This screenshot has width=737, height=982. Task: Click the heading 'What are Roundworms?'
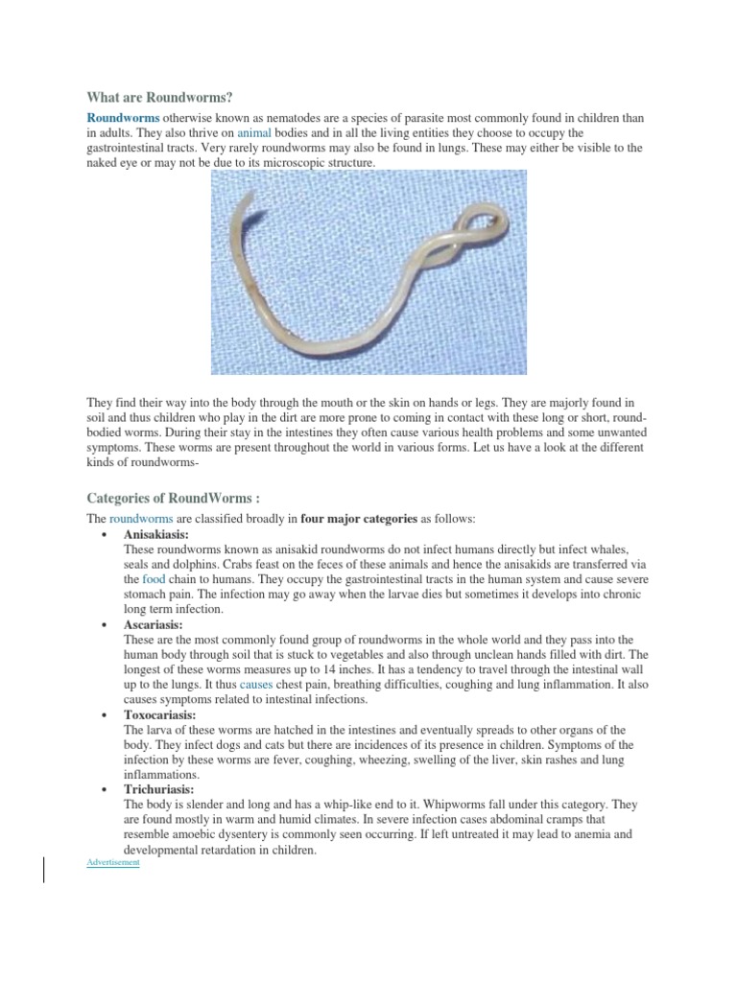(160, 97)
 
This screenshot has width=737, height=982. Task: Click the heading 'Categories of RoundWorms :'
(174, 498)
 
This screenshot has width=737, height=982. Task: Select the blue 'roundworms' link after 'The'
(141, 519)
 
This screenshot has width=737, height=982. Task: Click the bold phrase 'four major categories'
(359, 519)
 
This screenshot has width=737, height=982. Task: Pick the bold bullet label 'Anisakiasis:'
(156, 534)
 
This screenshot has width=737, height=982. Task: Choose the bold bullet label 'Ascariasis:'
(153, 624)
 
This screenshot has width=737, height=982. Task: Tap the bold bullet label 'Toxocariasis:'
(160, 714)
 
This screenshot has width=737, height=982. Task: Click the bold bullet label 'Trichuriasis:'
(159, 789)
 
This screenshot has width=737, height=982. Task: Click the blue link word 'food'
(154, 579)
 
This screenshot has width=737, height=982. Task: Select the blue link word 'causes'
(256, 685)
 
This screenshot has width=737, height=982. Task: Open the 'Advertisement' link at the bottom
(113, 863)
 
